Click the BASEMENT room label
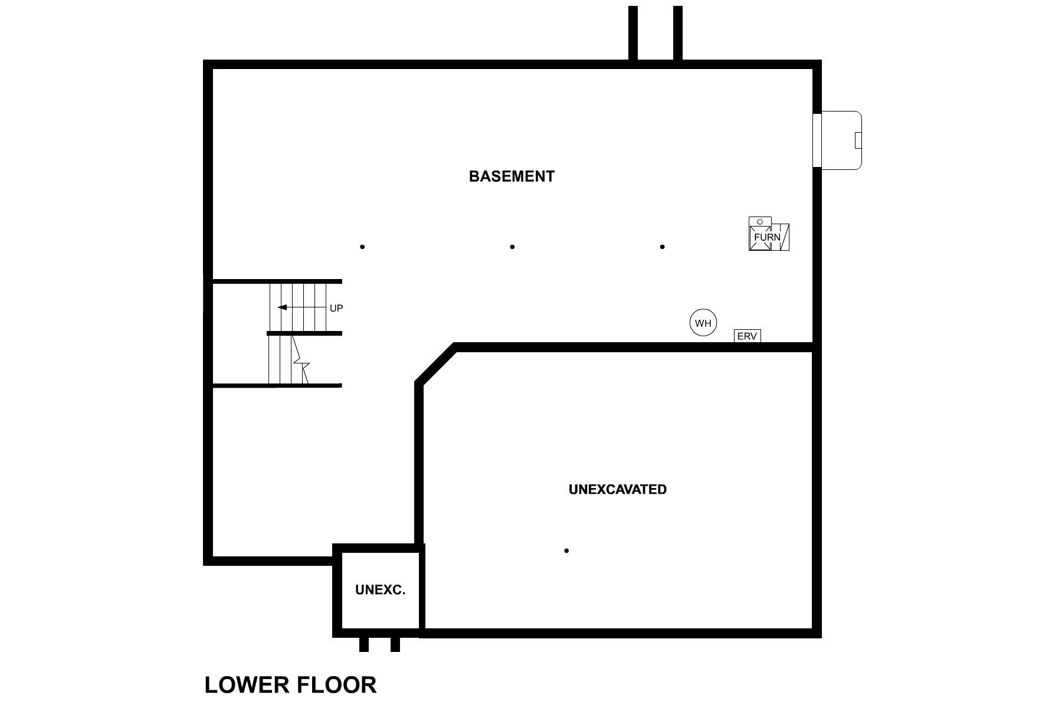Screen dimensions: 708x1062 512,176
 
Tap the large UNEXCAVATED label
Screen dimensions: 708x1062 617,489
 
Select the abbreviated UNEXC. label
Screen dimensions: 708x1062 380,589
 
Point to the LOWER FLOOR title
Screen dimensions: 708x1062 290,684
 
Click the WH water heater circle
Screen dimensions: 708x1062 703,323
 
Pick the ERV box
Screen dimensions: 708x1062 747,336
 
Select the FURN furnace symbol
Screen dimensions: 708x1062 768,237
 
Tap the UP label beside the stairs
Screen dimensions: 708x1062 336,308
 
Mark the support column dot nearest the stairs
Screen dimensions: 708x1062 362,247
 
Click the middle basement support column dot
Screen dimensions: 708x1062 512,247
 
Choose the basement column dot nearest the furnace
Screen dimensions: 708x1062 663,247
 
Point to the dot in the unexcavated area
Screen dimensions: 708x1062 566,550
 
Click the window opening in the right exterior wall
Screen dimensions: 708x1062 817,140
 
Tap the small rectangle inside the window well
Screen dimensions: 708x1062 858,140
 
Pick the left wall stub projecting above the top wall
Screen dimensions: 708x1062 633,32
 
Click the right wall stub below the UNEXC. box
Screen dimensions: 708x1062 395,644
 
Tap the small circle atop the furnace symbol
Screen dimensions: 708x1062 760,222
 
